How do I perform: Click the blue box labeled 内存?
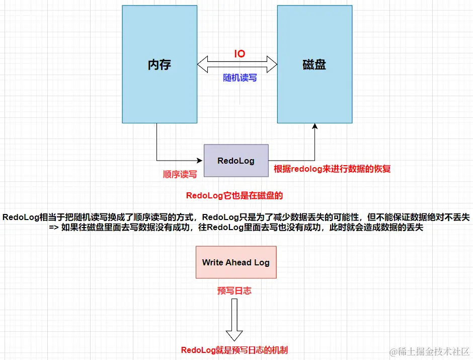click(159, 64)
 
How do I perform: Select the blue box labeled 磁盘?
click(314, 64)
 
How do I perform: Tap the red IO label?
click(240, 53)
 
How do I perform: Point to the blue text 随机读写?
click(240, 78)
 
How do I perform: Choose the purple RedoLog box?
click(236, 161)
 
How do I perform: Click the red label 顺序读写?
click(180, 174)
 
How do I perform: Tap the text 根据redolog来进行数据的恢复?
click(332, 169)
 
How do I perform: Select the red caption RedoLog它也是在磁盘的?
click(238, 195)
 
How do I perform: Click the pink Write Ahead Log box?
click(236, 262)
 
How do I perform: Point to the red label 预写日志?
click(234, 291)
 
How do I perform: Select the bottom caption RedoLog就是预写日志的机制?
click(234, 350)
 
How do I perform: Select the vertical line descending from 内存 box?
click(156, 141)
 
